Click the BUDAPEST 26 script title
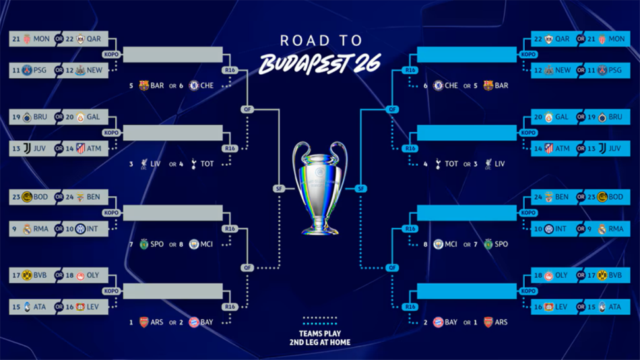(320, 64)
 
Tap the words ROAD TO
(321, 40)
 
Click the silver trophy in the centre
(319, 188)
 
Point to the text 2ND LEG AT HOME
(319, 342)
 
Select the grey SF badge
(279, 188)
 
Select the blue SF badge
(361, 188)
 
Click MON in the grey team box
(41, 39)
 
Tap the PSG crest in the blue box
(602, 70)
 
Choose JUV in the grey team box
(40, 148)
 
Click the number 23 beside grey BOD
(16, 197)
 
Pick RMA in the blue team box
(616, 229)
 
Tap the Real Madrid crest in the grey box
(27, 229)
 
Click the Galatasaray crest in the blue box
(549, 117)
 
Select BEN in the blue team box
(562, 197)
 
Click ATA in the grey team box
(40, 307)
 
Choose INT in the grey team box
(92, 229)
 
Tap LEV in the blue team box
(561, 307)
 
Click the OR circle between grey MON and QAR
(59, 39)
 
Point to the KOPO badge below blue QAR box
(528, 55)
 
